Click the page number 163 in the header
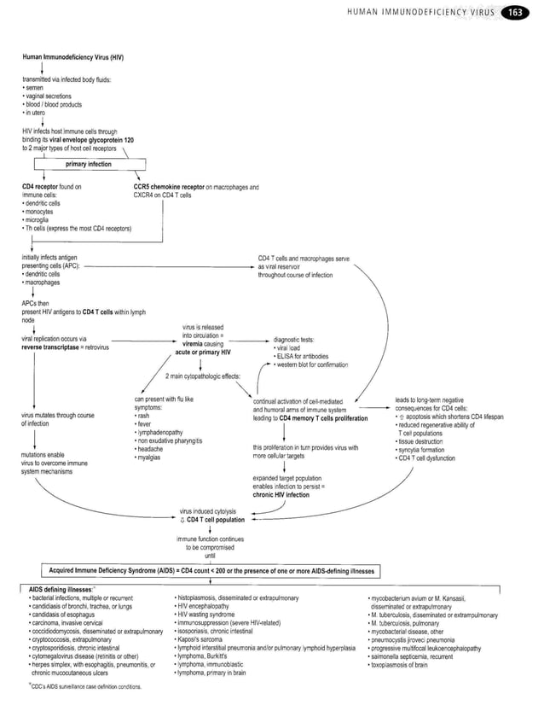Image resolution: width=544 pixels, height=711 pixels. coord(515,12)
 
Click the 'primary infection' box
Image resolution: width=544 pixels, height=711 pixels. coord(88,164)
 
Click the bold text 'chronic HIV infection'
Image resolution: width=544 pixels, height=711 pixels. coord(281,494)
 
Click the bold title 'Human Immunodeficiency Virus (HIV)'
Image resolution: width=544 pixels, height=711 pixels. coord(72,56)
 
